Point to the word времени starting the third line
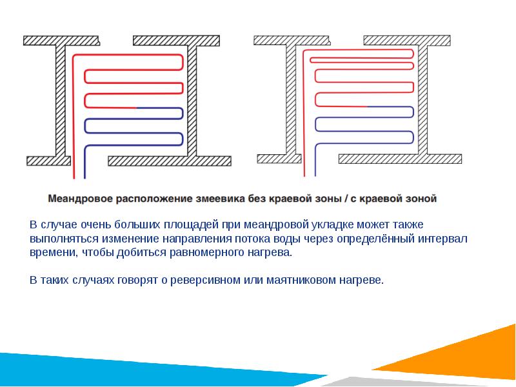(x=52, y=253)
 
